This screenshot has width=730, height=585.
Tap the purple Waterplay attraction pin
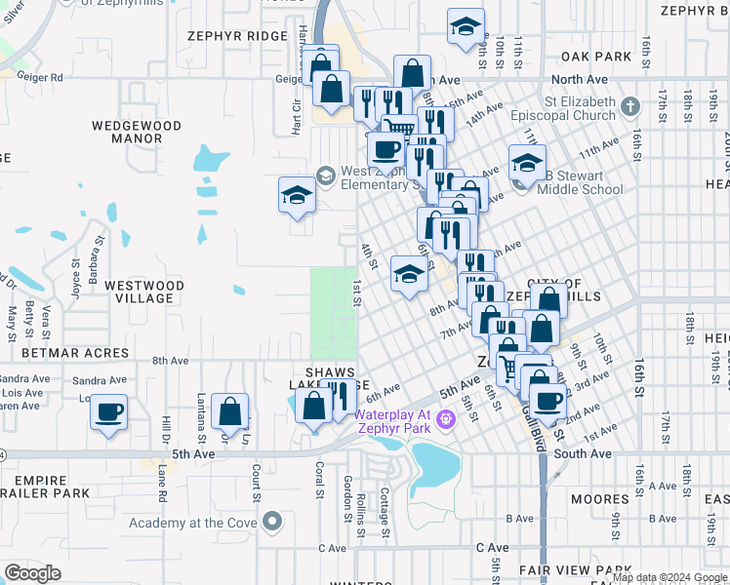pyautogui.click(x=447, y=420)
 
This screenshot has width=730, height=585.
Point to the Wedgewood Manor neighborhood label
pyautogui.click(x=137, y=132)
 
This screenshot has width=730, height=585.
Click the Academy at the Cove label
pyautogui.click(x=183, y=523)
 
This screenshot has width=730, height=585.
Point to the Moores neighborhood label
pyautogui.click(x=600, y=499)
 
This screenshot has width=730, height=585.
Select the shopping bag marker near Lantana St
pyautogui.click(x=230, y=411)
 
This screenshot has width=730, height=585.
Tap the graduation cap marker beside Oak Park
pyautogui.click(x=466, y=27)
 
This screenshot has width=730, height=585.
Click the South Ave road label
pyautogui.click(x=582, y=453)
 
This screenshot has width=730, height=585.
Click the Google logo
pyautogui.click(x=33, y=573)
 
